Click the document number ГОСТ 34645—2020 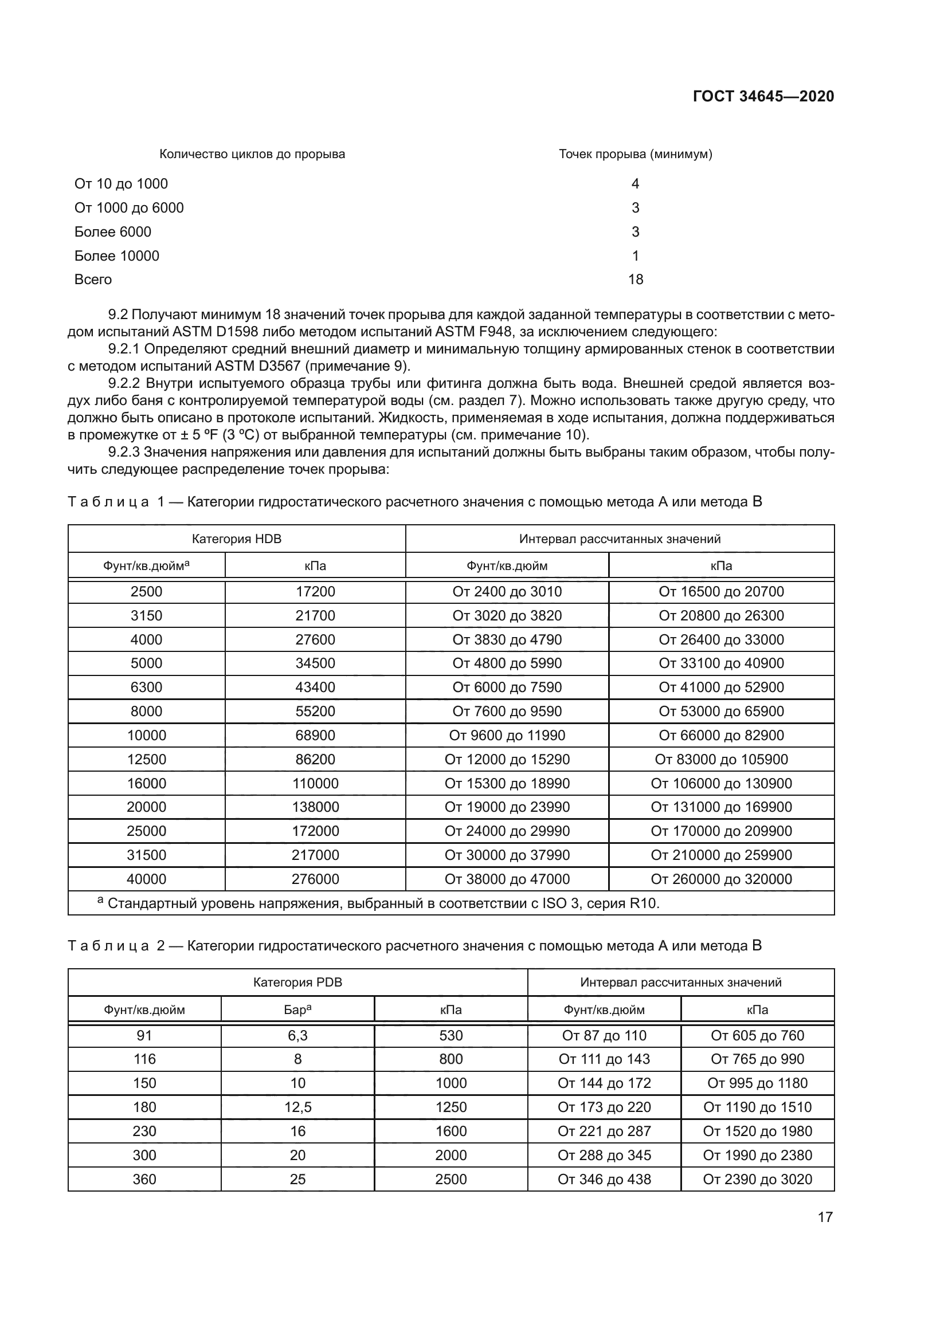pyautogui.click(x=763, y=96)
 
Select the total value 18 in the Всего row pyautogui.click(x=635, y=280)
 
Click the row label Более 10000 pyautogui.click(x=117, y=256)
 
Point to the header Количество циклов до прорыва pyautogui.click(x=252, y=154)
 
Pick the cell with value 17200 pyautogui.click(x=315, y=592)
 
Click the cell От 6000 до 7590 pyautogui.click(x=507, y=687)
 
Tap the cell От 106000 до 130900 pyautogui.click(x=721, y=783)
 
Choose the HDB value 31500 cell pyautogui.click(x=147, y=855)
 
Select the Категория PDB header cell pyautogui.click(x=297, y=983)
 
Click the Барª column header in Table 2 pyautogui.click(x=297, y=1009)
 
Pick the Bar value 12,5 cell pyautogui.click(x=297, y=1107)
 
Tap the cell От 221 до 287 pyautogui.click(x=604, y=1131)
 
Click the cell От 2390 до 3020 pyautogui.click(x=757, y=1179)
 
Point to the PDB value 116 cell pyautogui.click(x=144, y=1059)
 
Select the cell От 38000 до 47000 pyautogui.click(x=507, y=879)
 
